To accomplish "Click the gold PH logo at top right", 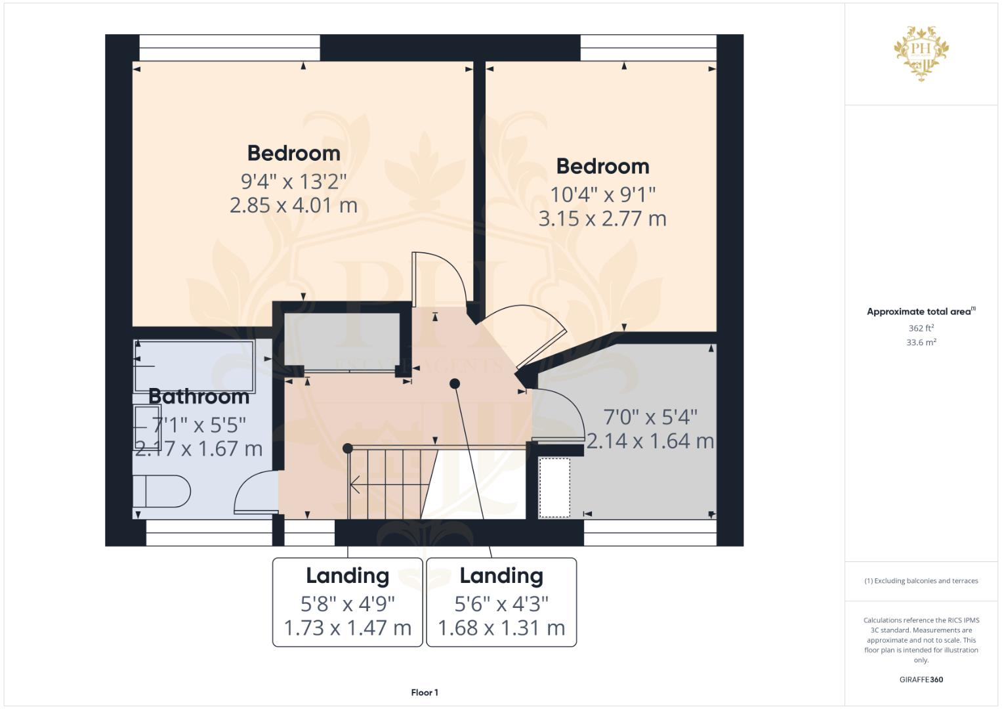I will (921, 53).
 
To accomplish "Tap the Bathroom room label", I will (199, 397).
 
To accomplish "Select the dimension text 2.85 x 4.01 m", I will (293, 205).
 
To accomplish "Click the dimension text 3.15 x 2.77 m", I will (602, 219).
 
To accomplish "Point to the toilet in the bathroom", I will (161, 492).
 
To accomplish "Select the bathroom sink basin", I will (147, 427).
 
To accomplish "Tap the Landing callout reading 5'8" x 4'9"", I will (347, 602).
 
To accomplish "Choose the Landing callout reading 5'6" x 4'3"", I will (501, 602).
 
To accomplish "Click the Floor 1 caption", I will (425, 693).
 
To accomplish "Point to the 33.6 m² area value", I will (921, 342).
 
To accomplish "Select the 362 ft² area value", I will (921, 328).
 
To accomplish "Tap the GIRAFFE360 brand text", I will (921, 679).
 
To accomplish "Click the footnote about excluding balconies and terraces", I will (921, 581).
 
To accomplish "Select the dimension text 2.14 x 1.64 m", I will (650, 441).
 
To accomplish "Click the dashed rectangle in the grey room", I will (554, 488).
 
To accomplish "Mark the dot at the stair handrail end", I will (348, 448).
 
